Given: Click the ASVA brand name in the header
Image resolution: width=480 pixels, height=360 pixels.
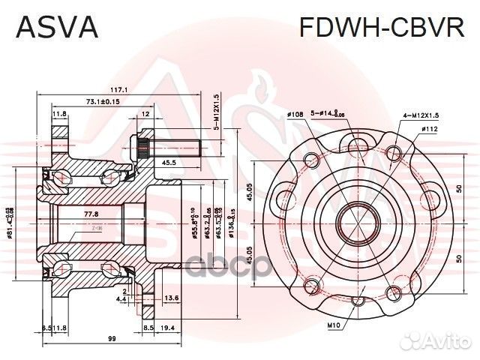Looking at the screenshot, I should point(56,28).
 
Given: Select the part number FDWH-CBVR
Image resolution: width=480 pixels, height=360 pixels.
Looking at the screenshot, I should point(382,28).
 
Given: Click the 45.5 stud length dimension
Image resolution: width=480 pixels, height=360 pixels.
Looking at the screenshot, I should point(168,162).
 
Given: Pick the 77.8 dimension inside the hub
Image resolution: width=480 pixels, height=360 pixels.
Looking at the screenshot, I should point(92,214).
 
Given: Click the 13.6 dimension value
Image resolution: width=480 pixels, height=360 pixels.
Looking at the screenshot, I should point(172,298).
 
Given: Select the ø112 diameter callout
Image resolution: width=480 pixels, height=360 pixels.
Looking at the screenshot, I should point(429,129).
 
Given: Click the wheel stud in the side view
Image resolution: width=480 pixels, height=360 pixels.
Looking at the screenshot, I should point(176,145).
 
